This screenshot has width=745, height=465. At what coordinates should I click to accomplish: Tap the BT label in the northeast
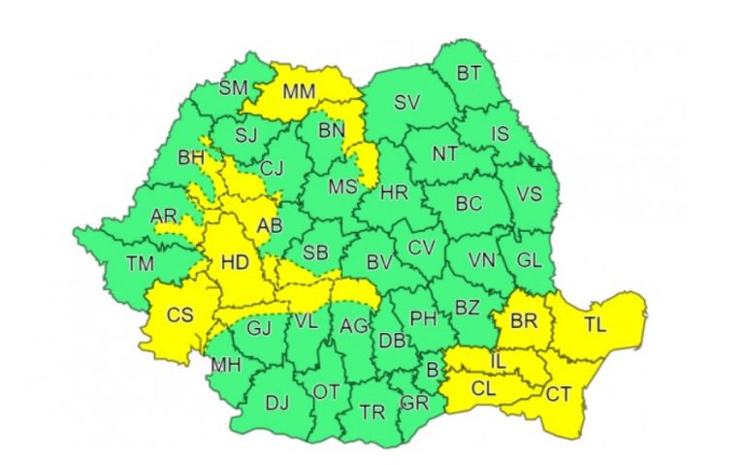tap(469, 73)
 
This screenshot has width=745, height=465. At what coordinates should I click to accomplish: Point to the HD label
tap(236, 262)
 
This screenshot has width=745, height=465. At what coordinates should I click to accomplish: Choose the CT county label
tap(558, 394)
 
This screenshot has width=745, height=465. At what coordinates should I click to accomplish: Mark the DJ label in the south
tap(277, 403)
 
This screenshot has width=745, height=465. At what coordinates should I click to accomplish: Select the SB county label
tap(315, 252)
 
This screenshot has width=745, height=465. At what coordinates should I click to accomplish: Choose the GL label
tap(530, 259)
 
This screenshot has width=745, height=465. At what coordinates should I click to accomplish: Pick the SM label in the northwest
tap(234, 87)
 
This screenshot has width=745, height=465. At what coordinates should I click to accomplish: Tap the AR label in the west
tap(165, 216)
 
